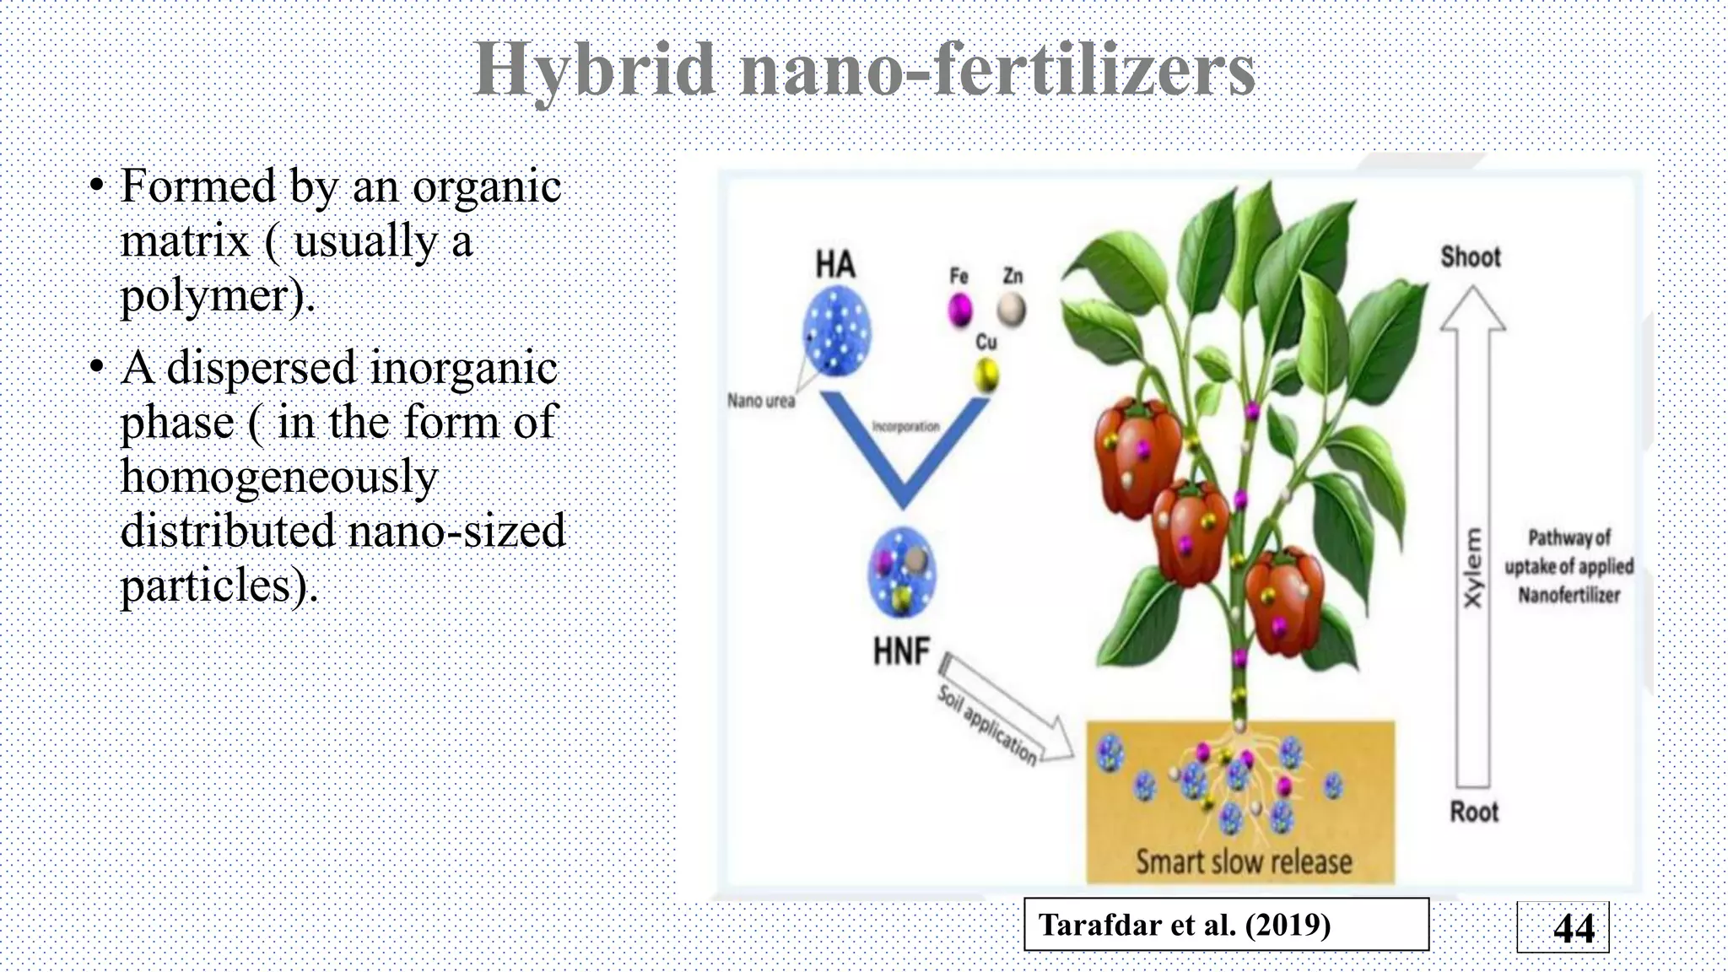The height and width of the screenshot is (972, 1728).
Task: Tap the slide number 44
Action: (1573, 928)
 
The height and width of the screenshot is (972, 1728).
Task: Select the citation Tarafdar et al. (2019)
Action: (1185, 926)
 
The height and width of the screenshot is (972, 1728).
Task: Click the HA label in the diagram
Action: (834, 265)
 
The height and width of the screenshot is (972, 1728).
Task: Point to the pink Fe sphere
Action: (959, 310)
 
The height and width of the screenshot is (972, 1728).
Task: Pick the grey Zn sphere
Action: (1011, 310)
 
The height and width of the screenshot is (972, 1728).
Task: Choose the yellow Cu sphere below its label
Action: (985, 375)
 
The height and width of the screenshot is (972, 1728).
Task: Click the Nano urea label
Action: (761, 401)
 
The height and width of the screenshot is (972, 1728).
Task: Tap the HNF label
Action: (901, 652)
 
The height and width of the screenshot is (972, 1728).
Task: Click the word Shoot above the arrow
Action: (1471, 256)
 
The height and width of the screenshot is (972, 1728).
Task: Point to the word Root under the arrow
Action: (1473, 812)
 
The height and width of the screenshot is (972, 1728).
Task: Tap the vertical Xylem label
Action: (1471, 567)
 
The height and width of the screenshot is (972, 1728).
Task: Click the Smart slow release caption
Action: (1244, 861)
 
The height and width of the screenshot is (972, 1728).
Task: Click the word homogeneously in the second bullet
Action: (279, 477)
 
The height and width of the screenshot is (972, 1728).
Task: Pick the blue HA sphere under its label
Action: (835, 331)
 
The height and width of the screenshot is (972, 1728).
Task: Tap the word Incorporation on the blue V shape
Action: (905, 427)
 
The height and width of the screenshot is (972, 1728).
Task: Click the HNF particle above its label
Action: (901, 575)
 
